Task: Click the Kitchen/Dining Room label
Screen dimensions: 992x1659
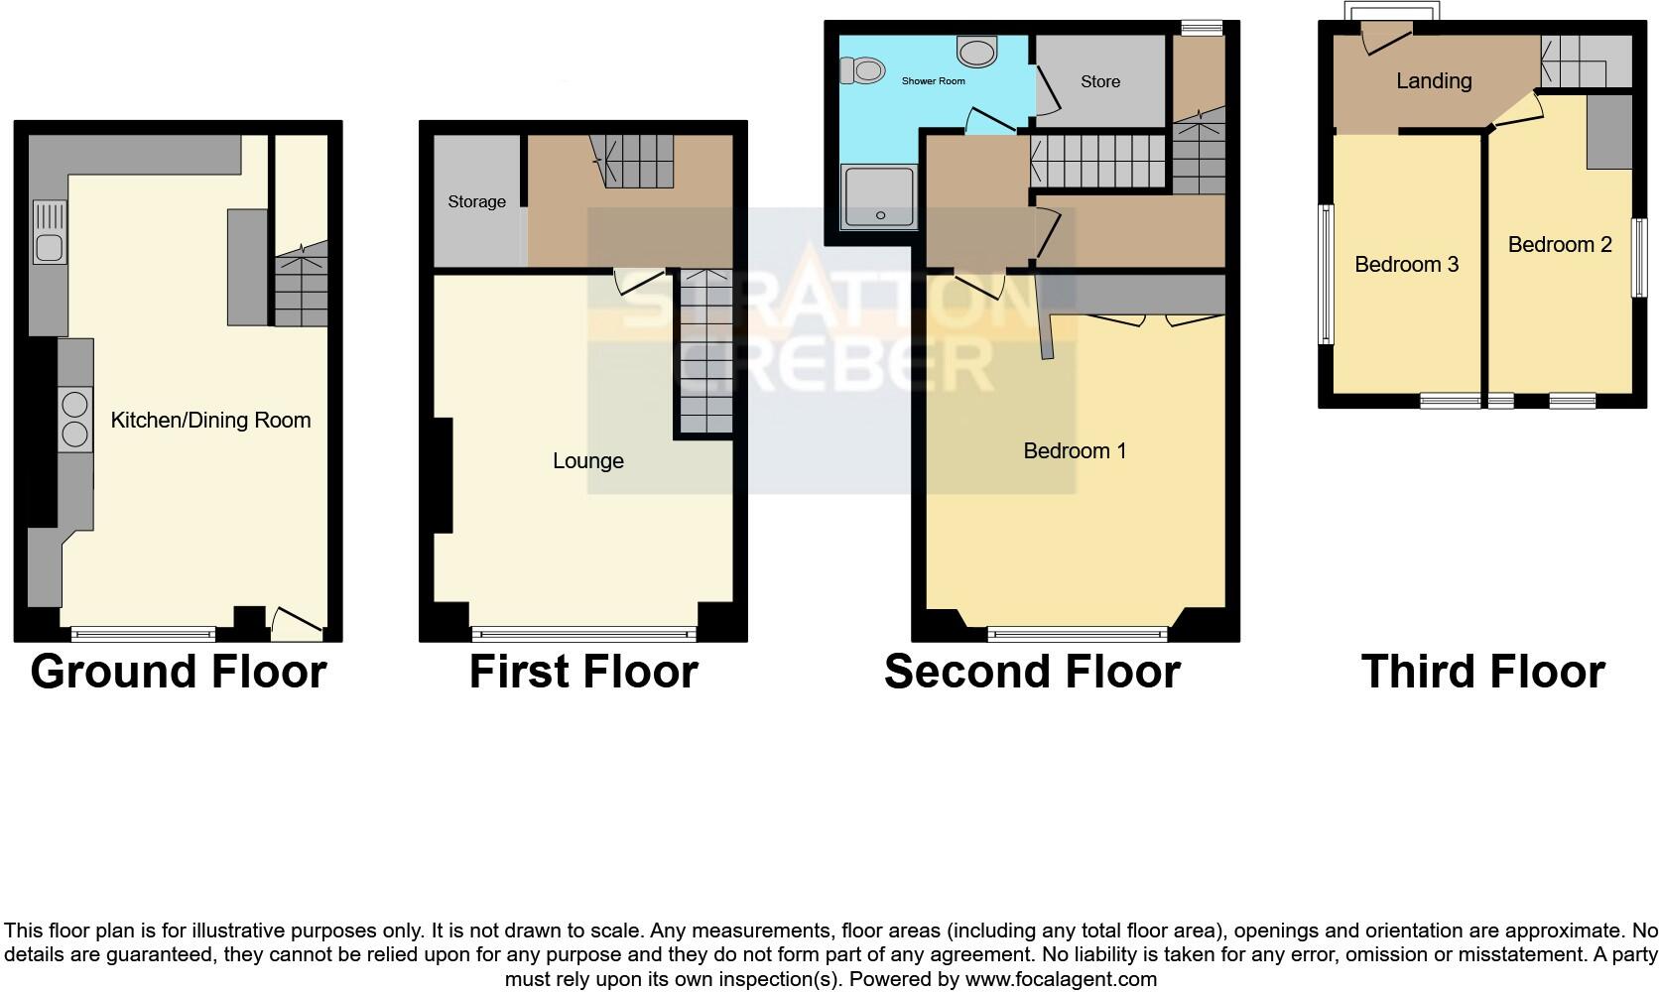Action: (x=210, y=421)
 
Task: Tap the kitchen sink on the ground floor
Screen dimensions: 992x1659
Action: (x=50, y=233)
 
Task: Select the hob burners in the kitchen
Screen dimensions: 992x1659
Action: (x=74, y=420)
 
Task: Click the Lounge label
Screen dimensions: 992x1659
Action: (x=588, y=461)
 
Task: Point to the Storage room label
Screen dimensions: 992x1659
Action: (x=476, y=202)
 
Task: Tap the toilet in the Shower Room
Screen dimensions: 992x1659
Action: (x=863, y=70)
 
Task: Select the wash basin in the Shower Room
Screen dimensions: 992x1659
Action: (x=977, y=51)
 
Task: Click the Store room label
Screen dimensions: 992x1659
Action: (x=1100, y=82)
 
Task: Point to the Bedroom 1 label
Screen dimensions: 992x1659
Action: (x=1075, y=451)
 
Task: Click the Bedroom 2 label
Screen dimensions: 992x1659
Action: (x=1560, y=245)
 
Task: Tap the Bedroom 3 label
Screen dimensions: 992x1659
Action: (x=1406, y=265)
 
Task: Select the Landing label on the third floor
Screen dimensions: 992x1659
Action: (x=1434, y=81)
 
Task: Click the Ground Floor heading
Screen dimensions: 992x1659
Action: (x=179, y=672)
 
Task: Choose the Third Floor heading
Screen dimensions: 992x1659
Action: (x=1482, y=672)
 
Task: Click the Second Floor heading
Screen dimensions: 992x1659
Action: (x=1032, y=672)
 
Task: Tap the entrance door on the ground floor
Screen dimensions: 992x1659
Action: (x=297, y=623)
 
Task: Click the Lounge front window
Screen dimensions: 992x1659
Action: (x=583, y=632)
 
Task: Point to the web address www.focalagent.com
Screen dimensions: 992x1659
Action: (x=1061, y=980)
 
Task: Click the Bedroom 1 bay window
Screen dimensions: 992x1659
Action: (x=1078, y=632)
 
